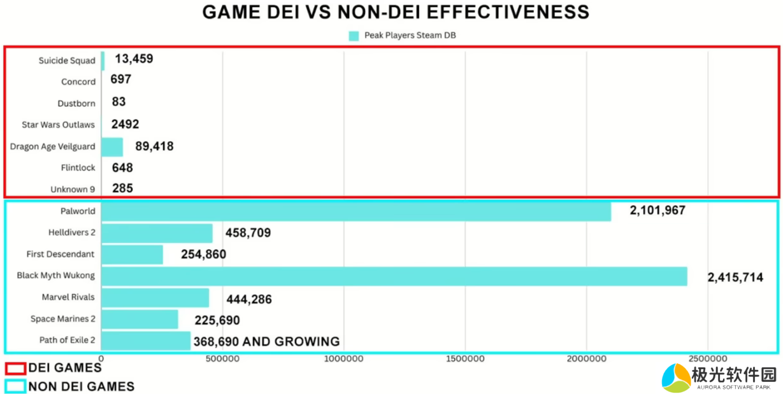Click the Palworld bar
(x=356, y=211)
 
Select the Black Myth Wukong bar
(x=394, y=276)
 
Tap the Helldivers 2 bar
(x=157, y=233)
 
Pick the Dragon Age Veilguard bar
(x=112, y=147)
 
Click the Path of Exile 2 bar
(x=146, y=341)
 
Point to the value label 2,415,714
(x=735, y=278)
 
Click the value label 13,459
(x=134, y=59)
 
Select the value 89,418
(x=154, y=146)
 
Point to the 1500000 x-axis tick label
(x=465, y=359)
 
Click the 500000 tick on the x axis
(x=222, y=359)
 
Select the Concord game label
(x=78, y=82)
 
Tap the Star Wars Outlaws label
(x=58, y=125)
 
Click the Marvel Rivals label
(x=68, y=297)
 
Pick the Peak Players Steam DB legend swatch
(x=354, y=36)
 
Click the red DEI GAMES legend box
(x=15, y=368)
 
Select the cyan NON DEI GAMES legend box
(x=15, y=386)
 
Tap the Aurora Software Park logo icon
(x=676, y=377)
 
